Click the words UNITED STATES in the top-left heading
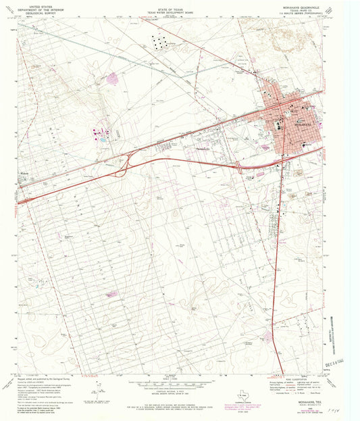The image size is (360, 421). point(30,5)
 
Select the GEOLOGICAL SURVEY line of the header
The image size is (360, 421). point(30,13)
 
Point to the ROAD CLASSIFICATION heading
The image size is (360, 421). point(292,379)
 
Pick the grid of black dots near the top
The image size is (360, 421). point(160,41)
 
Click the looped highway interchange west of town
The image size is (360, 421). point(122,166)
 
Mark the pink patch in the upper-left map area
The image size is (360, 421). point(112,78)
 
